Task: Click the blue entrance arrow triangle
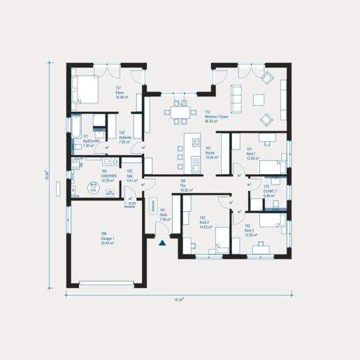pyautogui.click(x=162, y=243)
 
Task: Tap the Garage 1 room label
pyautogui.click(x=108, y=238)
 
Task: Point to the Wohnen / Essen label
pyautogui.click(x=214, y=116)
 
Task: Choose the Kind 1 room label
pyautogui.click(x=253, y=153)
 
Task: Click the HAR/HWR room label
pyautogui.click(x=108, y=177)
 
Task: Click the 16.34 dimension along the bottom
pyautogui.click(x=179, y=299)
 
